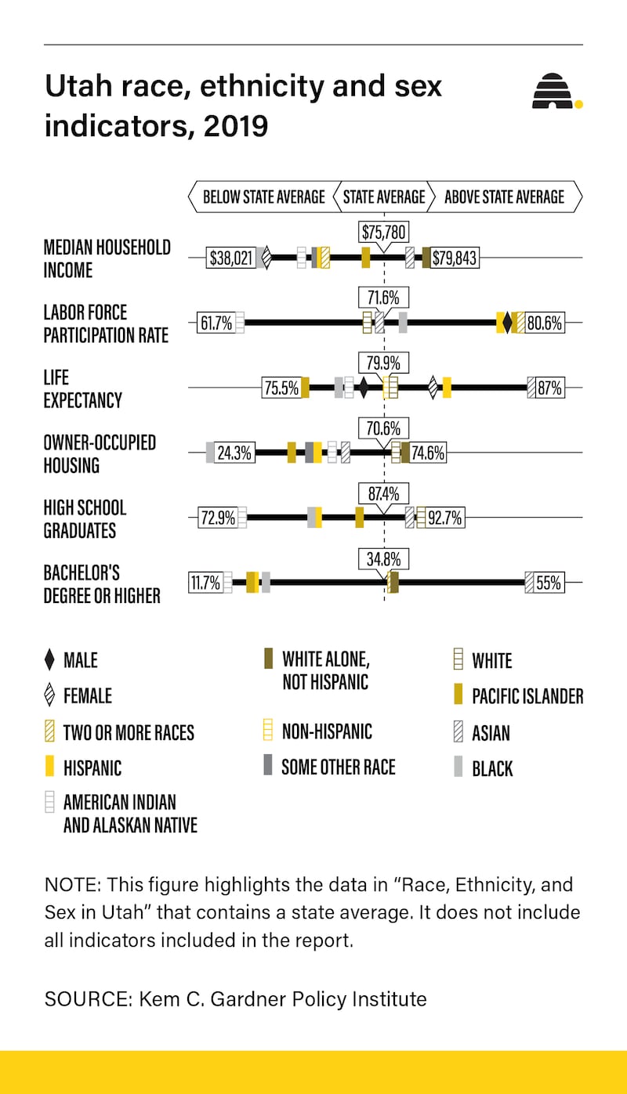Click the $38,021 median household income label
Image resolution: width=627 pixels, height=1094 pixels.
click(x=231, y=258)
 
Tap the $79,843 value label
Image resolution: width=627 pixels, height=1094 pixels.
click(x=455, y=258)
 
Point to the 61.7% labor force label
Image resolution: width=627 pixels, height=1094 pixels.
click(x=216, y=323)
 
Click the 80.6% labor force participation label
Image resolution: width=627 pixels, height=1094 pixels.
click(x=544, y=323)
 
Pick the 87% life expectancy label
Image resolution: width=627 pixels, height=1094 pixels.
click(x=549, y=388)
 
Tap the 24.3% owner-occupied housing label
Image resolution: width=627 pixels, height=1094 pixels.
click(x=234, y=453)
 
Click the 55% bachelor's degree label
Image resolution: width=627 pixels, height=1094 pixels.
click(x=549, y=583)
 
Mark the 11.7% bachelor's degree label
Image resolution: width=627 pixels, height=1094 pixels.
click(x=205, y=583)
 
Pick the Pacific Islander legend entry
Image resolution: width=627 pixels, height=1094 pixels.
click(x=527, y=696)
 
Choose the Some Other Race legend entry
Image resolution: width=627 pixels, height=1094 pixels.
click(x=338, y=767)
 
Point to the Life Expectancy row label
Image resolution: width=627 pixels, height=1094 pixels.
click(x=83, y=388)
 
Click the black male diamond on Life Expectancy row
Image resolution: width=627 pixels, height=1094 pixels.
click(x=363, y=388)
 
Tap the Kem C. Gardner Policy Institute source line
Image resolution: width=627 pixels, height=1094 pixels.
click(x=236, y=998)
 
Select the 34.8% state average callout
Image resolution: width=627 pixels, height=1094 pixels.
click(x=384, y=559)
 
